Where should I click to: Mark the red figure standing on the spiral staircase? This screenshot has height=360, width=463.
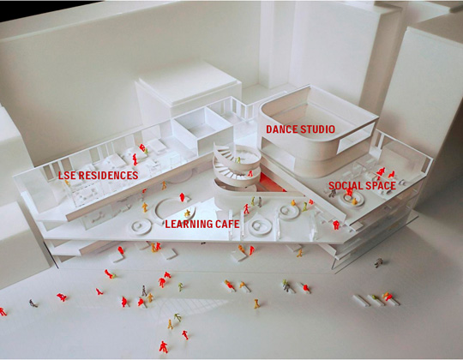pos(250,173)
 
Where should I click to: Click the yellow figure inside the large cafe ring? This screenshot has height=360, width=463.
pos(187,213)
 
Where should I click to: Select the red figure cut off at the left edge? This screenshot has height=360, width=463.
pos(3,312)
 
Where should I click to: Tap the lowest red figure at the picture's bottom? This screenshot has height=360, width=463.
pos(163,347)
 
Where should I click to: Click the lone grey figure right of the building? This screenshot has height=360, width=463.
pos(379,262)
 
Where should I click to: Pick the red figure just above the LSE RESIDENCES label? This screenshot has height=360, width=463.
pos(135,159)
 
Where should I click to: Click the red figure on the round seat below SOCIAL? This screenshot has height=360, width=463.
pos(350,192)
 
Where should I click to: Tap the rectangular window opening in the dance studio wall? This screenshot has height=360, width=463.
pos(357,138)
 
